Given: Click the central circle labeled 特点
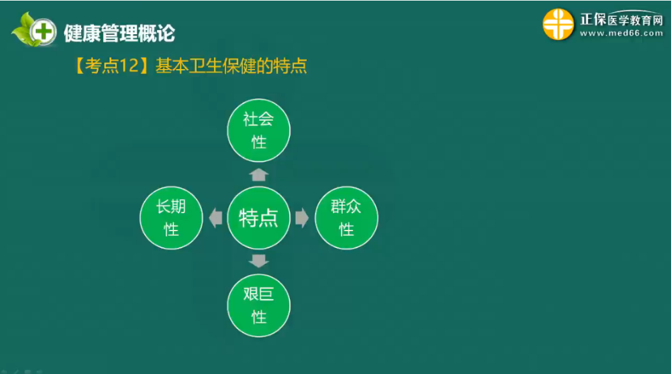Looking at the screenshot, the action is pyautogui.click(x=258, y=218).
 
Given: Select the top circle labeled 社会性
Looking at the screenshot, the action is pyautogui.click(x=258, y=131).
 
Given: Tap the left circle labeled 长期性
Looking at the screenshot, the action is pyautogui.click(x=171, y=218).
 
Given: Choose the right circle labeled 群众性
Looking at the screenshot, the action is pyautogui.click(x=347, y=218).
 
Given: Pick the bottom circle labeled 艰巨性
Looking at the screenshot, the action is pyautogui.click(x=258, y=306).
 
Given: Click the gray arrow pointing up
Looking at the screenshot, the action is pyautogui.click(x=258, y=175).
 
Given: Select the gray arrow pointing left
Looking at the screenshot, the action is pyautogui.click(x=215, y=218).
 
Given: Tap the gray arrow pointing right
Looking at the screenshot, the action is pyautogui.click(x=302, y=218).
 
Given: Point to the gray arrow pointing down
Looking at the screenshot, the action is pyautogui.click(x=258, y=261).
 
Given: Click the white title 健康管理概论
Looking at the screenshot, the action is pyautogui.click(x=119, y=34).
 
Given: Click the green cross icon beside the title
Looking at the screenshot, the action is pyautogui.click(x=43, y=32).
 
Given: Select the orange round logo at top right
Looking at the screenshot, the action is pyautogui.click(x=558, y=24).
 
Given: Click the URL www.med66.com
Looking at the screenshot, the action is pyautogui.click(x=621, y=34).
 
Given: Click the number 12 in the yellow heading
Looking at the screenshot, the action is pyautogui.click(x=130, y=66).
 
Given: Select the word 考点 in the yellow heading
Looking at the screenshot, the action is pyautogui.click(x=102, y=66).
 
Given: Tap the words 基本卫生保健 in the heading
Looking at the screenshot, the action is pyautogui.click(x=205, y=66).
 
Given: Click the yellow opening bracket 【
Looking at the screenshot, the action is pyautogui.click(x=79, y=66).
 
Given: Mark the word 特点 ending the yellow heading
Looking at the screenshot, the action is pyautogui.click(x=290, y=66).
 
